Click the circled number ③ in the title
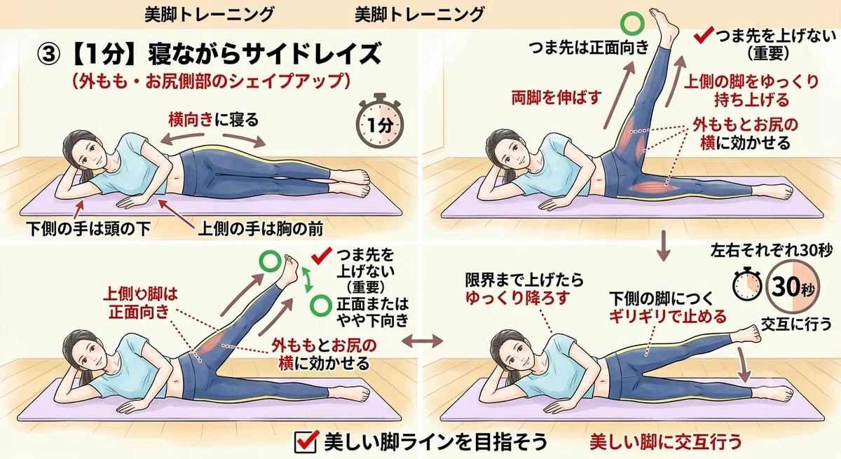[48, 55]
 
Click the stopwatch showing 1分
[380, 121]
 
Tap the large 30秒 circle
[792, 287]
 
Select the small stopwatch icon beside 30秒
[747, 284]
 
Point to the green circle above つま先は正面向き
[632, 23]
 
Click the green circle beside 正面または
[321, 305]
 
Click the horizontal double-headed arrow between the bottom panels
[423, 341]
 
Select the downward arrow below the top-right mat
[664, 246]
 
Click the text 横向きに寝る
[214, 120]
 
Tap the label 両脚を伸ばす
[556, 97]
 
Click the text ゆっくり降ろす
[518, 298]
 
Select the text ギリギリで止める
[667, 316]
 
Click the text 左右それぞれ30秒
[772, 251]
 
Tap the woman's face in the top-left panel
[87, 158]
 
